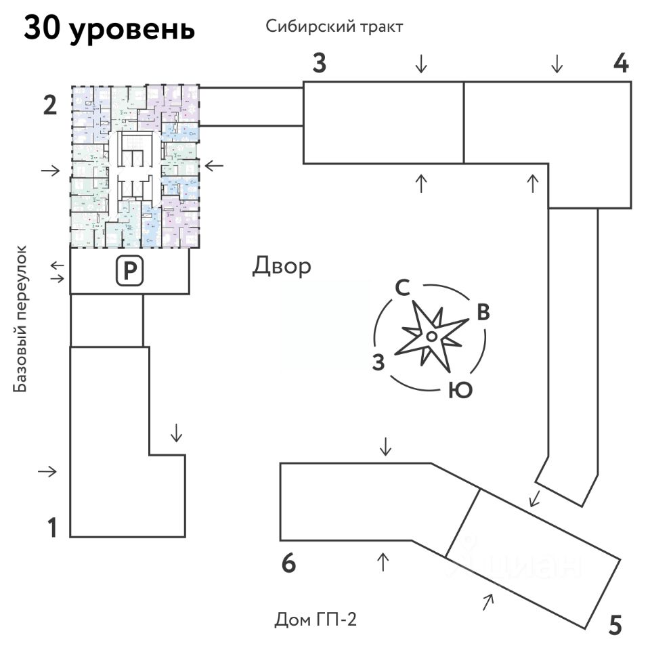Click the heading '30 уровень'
[110, 29]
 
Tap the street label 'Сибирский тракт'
[334, 27]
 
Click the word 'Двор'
[282, 266]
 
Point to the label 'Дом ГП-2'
[316, 620]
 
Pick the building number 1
[51, 527]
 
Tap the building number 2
[49, 106]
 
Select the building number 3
[320, 64]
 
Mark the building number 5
[615, 624]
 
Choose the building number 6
[289, 563]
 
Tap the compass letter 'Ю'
[460, 391]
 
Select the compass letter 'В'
[483, 312]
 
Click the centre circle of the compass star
[431, 336]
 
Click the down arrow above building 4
[557, 64]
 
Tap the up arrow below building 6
[383, 561]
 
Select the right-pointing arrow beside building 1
[49, 471]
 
